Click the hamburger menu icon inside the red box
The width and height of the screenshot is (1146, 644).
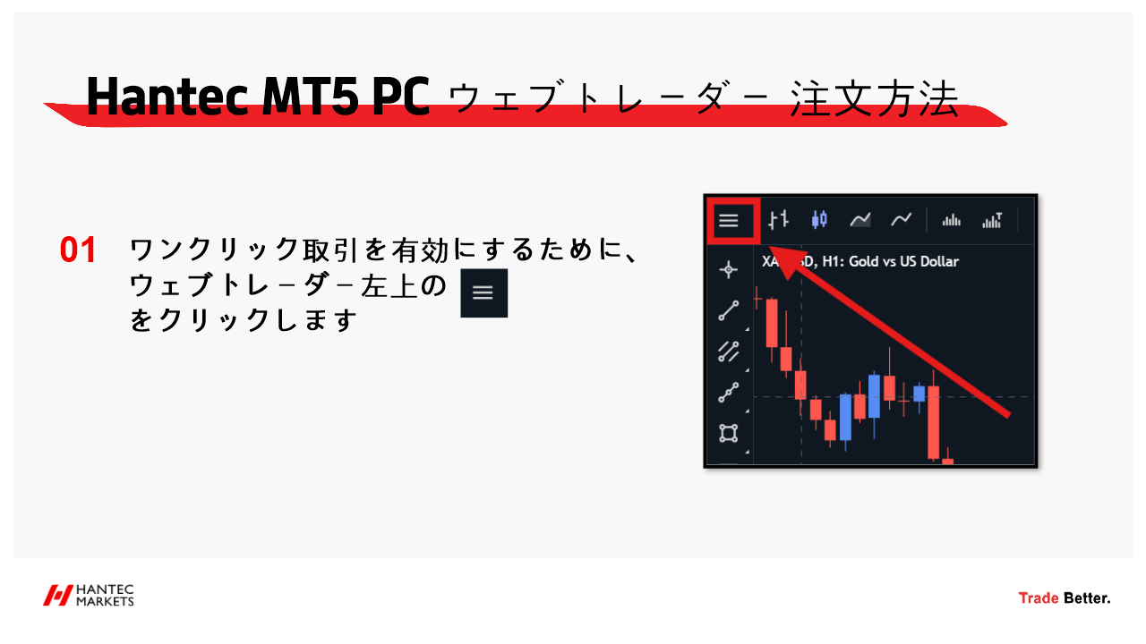tap(729, 221)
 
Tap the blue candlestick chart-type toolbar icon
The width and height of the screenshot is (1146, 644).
tap(819, 220)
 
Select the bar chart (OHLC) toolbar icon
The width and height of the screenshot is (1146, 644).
tap(778, 220)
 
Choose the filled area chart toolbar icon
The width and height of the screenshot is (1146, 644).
tap(860, 220)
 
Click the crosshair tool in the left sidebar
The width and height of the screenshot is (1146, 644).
tap(728, 269)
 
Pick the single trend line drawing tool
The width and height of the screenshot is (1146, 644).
tap(729, 310)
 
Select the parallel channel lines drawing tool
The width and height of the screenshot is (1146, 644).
tap(729, 352)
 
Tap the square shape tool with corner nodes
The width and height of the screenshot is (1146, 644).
tap(729, 433)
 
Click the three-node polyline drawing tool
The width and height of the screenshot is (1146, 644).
tap(729, 393)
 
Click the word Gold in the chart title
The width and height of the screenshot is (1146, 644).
tap(864, 262)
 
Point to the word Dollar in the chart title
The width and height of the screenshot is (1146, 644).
tap(939, 262)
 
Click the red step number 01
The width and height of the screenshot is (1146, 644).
tap(78, 250)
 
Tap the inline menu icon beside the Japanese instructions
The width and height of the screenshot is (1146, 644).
tap(484, 292)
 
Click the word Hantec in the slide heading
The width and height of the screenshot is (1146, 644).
tap(167, 96)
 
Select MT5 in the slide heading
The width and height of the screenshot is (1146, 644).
tap(310, 96)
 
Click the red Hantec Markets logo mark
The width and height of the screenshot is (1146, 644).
tap(57, 596)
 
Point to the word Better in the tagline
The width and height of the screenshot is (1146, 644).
tap(1087, 598)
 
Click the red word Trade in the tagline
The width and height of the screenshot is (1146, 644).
tap(1039, 598)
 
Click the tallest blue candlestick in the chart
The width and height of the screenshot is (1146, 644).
tap(845, 417)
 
